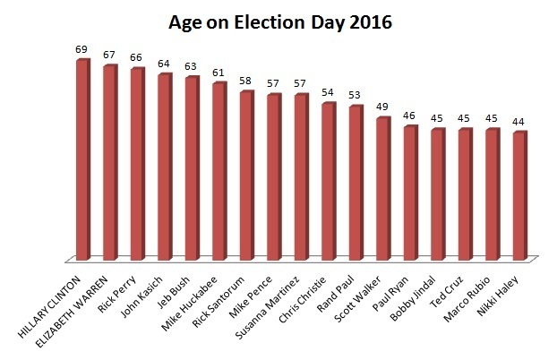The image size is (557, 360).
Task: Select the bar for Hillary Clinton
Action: point(82,161)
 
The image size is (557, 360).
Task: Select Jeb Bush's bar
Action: point(191,170)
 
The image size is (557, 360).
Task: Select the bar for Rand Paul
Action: point(356,184)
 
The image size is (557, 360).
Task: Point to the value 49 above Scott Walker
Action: point(382,107)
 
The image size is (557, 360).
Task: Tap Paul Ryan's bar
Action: point(410,194)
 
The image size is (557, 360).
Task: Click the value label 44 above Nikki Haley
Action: point(518,121)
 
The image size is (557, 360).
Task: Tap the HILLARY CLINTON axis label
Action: point(49,304)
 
